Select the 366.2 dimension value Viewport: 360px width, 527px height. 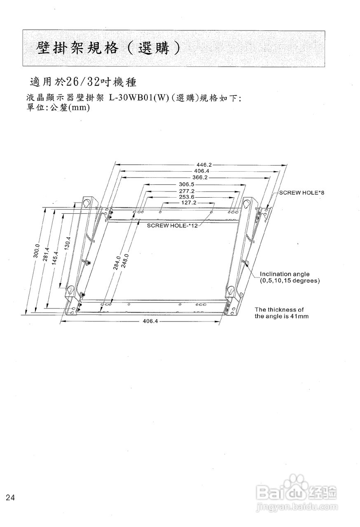199,177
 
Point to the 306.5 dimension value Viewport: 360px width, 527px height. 187,184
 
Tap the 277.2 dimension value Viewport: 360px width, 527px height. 187,191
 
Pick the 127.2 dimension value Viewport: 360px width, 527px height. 189,203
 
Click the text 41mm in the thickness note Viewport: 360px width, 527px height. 300,316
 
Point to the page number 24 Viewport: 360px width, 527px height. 11,498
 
